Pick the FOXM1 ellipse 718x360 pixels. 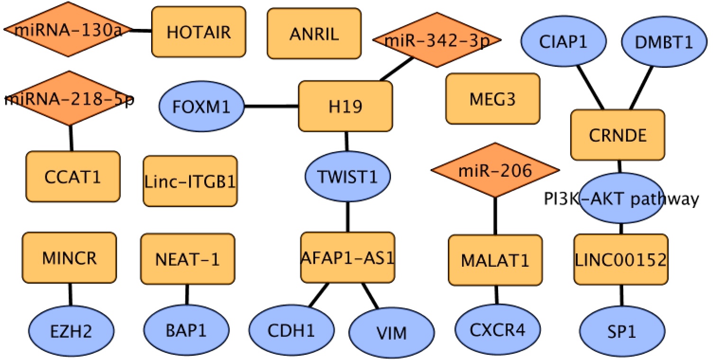pos(201,106)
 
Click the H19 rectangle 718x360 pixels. pos(345,106)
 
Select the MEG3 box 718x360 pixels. pos(492,99)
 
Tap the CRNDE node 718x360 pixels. pos(618,135)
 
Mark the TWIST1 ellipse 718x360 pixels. pos(347,176)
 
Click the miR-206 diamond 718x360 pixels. pos(495,170)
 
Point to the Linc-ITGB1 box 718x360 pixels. pos(190,181)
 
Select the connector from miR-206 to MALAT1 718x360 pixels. pos(496,216)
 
